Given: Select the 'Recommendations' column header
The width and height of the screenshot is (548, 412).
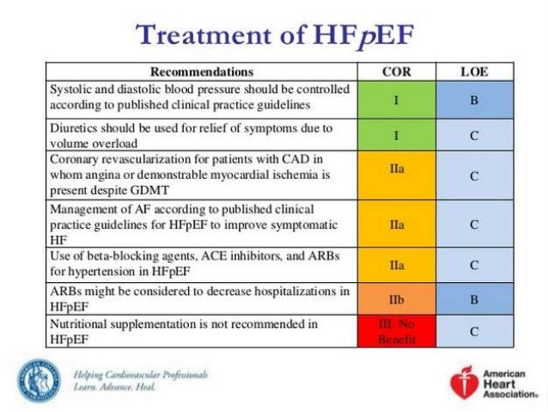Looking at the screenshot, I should coord(202,71).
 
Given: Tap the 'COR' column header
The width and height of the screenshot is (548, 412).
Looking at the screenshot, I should coord(396,71).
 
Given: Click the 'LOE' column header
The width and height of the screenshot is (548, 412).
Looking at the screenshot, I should coord(473,71).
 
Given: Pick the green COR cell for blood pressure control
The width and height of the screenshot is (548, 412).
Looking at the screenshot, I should coord(396,100).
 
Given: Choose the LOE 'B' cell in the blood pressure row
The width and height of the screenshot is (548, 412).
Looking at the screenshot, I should coord(473,100).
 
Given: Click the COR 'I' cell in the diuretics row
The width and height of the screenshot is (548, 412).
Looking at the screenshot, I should coord(396,135).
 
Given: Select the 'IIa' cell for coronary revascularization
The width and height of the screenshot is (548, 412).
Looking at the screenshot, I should coord(396,175).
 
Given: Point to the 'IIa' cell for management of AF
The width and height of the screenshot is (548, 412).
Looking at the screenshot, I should coord(396,224).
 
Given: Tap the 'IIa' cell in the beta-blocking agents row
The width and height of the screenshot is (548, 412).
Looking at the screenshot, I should coord(396,266).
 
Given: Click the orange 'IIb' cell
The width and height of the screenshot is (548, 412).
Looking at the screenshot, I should coord(396,299).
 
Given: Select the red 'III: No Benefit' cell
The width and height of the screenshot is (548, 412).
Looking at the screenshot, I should coord(396,331).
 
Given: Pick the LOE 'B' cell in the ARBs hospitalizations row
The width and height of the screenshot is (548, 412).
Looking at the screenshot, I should coord(473,299).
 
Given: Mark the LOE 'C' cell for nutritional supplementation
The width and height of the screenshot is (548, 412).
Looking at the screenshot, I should coord(473,331).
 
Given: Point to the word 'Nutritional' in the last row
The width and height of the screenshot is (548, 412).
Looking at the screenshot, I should coord(82,324).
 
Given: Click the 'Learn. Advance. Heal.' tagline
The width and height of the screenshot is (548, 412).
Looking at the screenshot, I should coord(115,387).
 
